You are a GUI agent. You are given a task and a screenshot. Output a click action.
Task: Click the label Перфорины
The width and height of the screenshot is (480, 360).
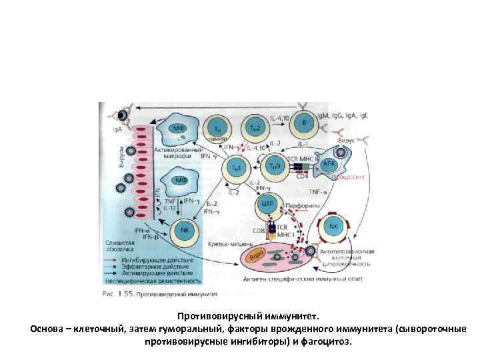305,206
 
